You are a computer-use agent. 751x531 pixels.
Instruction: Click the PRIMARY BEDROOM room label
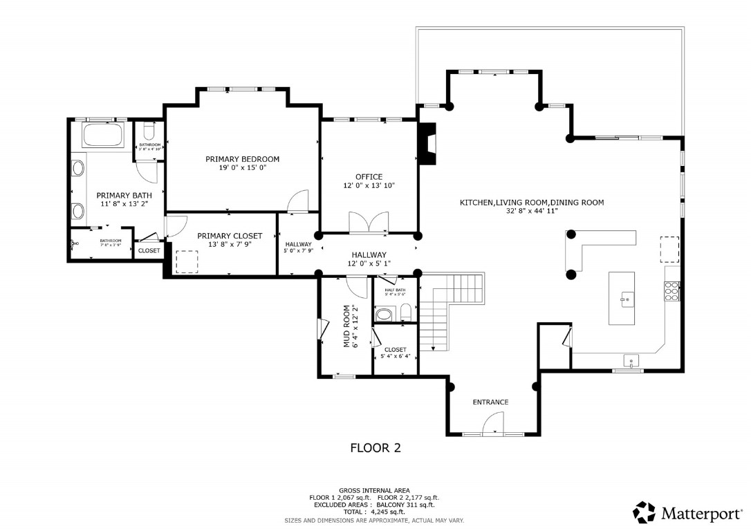coord(242,159)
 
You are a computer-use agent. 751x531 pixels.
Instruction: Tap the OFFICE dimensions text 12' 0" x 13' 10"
coord(369,185)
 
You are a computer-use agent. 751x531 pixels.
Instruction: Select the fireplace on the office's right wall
coord(429,145)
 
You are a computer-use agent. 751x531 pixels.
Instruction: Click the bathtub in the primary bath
coord(102,134)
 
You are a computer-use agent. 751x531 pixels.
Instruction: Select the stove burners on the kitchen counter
coord(671,292)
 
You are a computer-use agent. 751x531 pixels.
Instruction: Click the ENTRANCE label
coord(490,402)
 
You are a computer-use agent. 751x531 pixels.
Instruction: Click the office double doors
coord(368,223)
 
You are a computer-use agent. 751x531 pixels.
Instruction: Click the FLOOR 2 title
coord(375,448)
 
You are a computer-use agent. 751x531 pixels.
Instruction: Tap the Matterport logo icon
coord(644,512)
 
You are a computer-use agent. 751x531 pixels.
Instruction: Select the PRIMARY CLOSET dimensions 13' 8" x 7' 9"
coord(230,244)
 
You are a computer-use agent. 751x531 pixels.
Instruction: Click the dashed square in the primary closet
coord(186,260)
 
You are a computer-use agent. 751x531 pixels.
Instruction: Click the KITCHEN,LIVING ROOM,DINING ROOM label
coord(532,203)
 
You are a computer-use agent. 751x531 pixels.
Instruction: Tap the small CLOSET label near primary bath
coord(149,250)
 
